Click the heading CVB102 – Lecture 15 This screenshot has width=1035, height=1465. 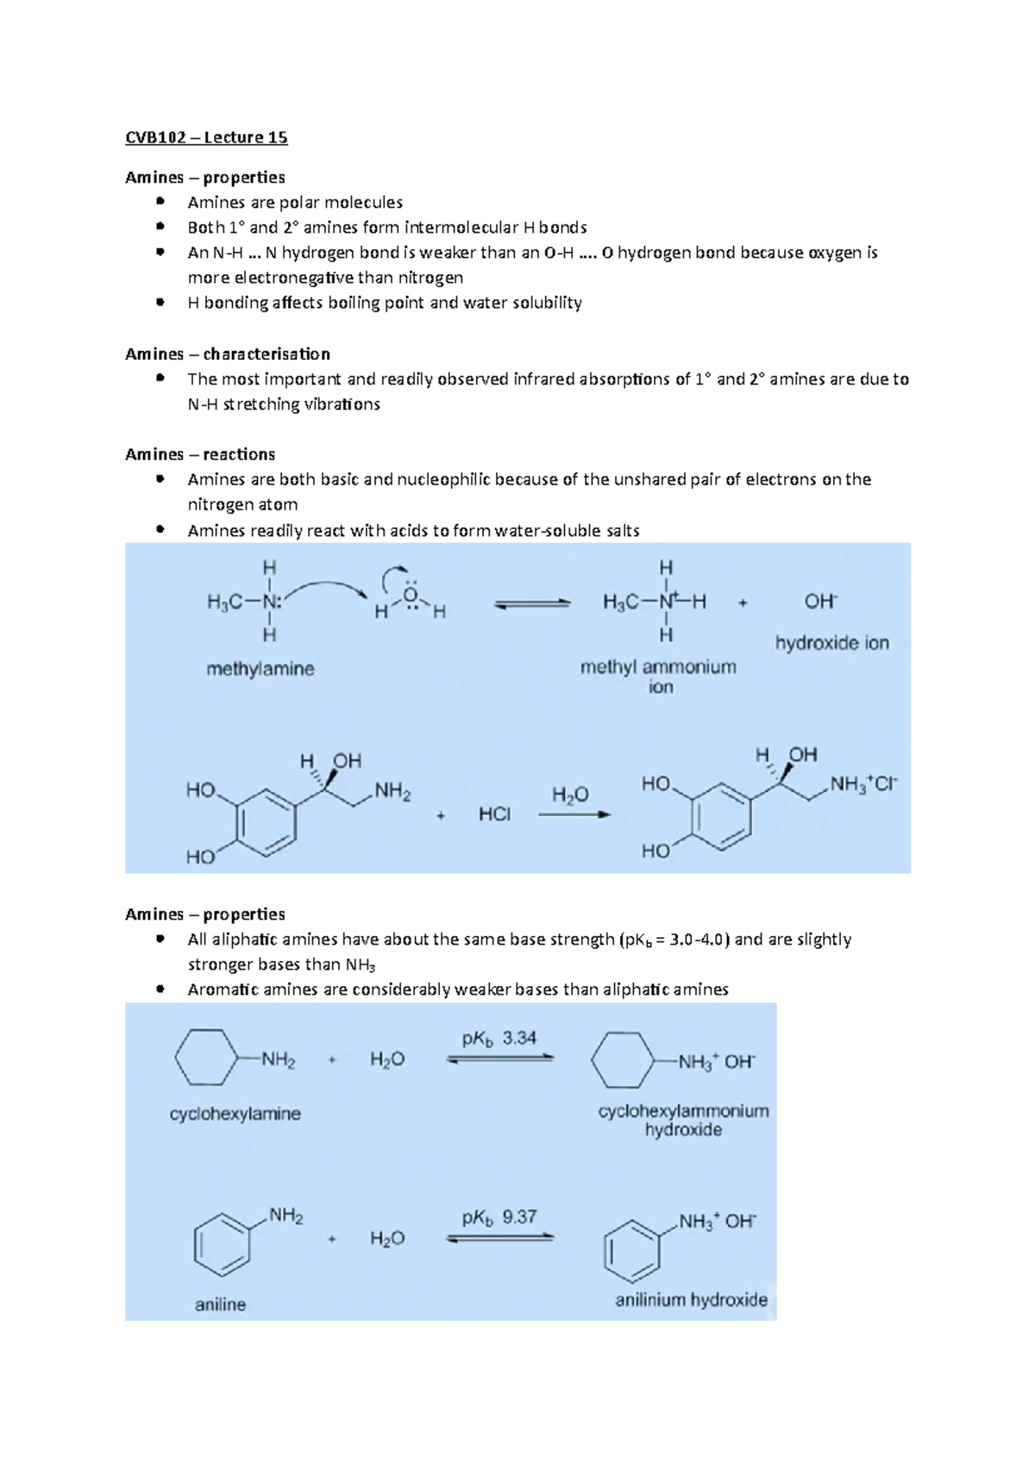[206, 137]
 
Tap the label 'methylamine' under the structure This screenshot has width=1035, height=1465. [260, 669]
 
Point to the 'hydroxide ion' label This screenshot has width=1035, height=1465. [831, 643]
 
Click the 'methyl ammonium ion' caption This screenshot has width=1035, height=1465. [658, 676]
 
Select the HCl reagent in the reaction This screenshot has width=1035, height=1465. [494, 814]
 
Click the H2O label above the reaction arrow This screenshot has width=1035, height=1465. [570, 795]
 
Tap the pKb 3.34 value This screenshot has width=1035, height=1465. [499, 1038]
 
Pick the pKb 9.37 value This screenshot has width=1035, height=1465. [499, 1217]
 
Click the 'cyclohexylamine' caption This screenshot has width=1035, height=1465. [235, 1114]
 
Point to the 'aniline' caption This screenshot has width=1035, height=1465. [220, 1305]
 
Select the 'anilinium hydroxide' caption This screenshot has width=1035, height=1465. [691, 1300]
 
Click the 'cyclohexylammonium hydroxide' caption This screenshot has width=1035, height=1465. [683, 1120]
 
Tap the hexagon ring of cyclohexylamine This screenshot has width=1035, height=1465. [205, 1057]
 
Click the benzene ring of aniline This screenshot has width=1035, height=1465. [222, 1245]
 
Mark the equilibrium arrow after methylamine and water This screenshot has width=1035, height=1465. [531, 604]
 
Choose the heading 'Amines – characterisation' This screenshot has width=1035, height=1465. [228, 354]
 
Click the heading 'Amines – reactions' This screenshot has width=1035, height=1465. [200, 454]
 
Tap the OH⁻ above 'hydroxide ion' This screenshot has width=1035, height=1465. [820, 601]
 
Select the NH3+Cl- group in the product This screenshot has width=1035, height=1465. [863, 784]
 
